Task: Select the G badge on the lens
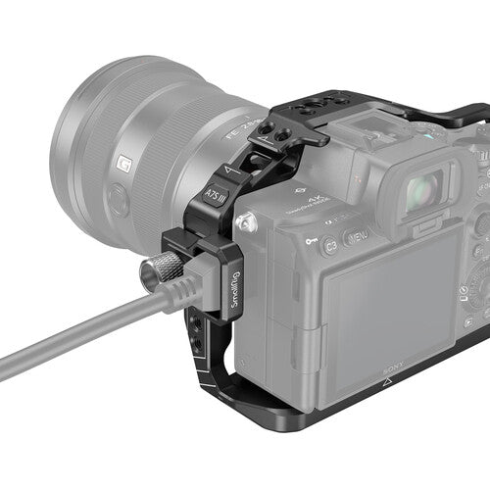pos(124,164)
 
